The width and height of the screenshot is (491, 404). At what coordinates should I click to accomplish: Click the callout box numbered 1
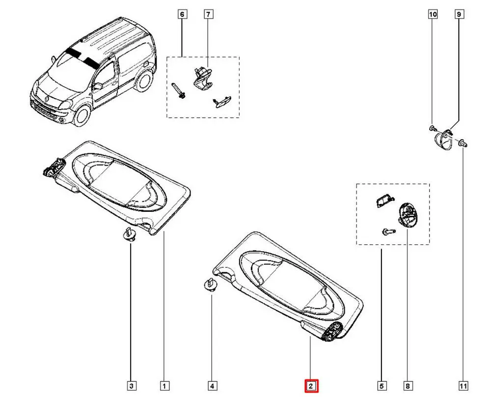click(165, 386)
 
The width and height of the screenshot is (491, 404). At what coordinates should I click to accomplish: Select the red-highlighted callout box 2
click(311, 386)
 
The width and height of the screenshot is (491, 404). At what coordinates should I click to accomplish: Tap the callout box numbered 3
click(131, 386)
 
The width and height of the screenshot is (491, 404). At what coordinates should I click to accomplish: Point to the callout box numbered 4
click(212, 386)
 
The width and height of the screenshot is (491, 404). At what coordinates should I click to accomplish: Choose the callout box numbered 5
click(382, 386)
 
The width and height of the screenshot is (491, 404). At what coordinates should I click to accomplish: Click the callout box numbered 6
click(182, 15)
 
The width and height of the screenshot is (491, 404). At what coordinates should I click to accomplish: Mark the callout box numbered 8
click(408, 386)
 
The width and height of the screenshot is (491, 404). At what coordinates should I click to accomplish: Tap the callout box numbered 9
click(459, 15)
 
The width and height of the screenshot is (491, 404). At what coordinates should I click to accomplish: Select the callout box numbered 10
click(433, 15)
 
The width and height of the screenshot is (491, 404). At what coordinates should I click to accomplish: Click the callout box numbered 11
click(463, 386)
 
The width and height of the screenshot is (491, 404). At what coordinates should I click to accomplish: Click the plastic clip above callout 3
click(130, 234)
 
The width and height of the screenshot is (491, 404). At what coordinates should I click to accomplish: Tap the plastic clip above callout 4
click(210, 285)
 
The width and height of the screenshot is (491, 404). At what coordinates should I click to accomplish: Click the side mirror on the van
click(98, 86)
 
